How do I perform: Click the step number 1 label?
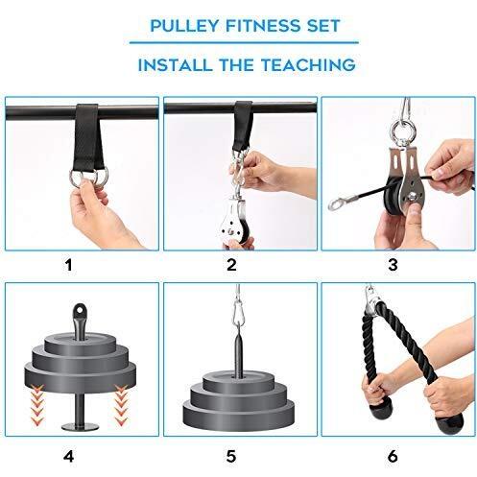pos(78,261)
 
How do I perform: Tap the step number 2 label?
pos(237,261)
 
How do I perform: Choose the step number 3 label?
pos(395,261)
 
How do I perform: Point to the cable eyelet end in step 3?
pos(338,203)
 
